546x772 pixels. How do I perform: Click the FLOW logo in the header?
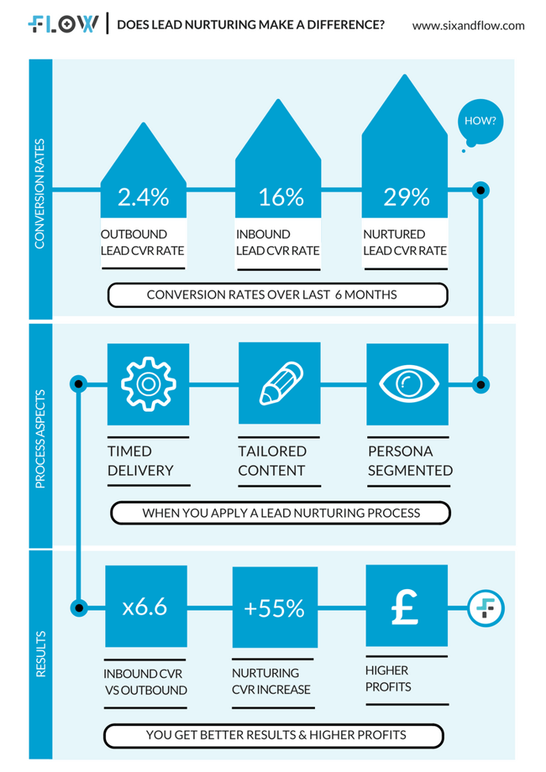(x=63, y=24)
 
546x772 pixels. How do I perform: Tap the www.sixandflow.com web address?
(x=468, y=25)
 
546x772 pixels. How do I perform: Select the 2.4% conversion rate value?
(x=143, y=197)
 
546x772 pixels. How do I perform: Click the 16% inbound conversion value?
(x=281, y=197)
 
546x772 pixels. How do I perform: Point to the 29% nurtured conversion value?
(x=407, y=197)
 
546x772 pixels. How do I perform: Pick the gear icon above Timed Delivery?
(x=147, y=383)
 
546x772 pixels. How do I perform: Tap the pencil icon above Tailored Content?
(x=279, y=383)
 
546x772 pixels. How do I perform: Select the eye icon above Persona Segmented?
(x=408, y=383)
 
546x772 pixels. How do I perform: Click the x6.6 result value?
(x=145, y=607)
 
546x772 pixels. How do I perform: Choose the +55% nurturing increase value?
(x=274, y=607)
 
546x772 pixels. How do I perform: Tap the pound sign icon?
(x=406, y=606)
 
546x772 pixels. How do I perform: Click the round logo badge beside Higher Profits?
(x=485, y=607)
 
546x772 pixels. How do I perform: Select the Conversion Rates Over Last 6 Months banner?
(x=278, y=295)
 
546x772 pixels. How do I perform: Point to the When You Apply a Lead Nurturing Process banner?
(x=281, y=513)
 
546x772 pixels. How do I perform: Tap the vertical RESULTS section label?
(x=40, y=655)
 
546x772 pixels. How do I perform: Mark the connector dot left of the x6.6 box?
(x=78, y=607)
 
